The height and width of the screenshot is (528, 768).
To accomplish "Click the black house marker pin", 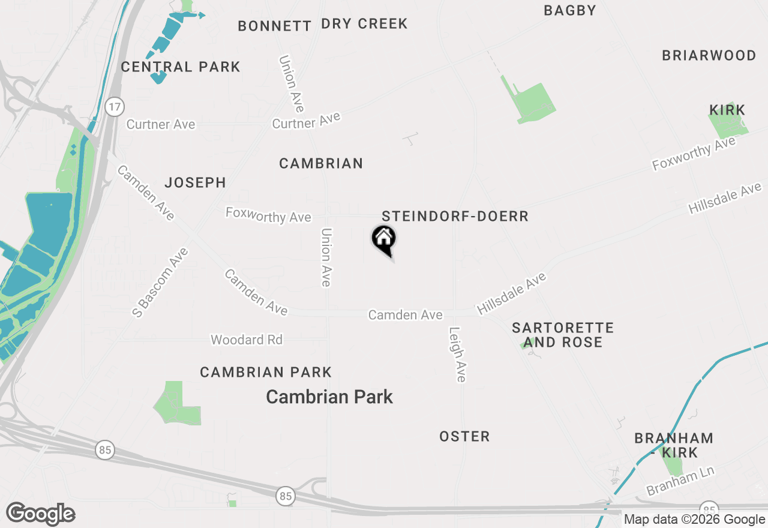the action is click(x=384, y=239).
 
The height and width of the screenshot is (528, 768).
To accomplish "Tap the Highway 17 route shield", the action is click(x=114, y=107).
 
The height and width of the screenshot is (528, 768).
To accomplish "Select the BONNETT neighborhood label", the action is click(x=274, y=26).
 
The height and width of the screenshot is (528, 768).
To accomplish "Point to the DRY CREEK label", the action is click(x=364, y=24).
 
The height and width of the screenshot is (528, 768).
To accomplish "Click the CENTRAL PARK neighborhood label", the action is click(x=181, y=67).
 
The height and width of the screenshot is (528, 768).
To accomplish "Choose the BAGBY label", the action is click(x=570, y=10).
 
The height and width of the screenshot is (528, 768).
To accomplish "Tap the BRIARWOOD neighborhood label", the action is click(x=709, y=56).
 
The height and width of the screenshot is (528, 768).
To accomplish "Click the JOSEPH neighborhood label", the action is click(x=196, y=182).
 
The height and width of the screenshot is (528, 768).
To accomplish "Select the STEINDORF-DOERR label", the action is click(x=455, y=217).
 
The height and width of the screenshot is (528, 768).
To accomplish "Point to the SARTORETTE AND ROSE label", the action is click(x=563, y=335).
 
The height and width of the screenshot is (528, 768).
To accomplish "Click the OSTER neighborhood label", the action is click(x=464, y=436).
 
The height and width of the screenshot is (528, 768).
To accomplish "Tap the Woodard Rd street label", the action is click(x=246, y=340).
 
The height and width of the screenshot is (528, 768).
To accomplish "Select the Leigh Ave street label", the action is click(x=457, y=354).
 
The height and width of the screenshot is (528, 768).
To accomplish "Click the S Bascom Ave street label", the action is click(x=160, y=282).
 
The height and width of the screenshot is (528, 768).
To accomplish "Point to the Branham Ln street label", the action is click(x=680, y=481).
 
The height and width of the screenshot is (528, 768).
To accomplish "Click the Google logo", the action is click(x=41, y=514).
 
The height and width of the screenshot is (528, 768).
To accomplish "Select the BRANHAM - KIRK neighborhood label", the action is click(x=674, y=445).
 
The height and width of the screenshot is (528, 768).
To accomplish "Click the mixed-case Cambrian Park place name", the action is click(x=329, y=397).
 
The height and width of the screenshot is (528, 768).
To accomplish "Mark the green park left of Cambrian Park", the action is click(x=176, y=405).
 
